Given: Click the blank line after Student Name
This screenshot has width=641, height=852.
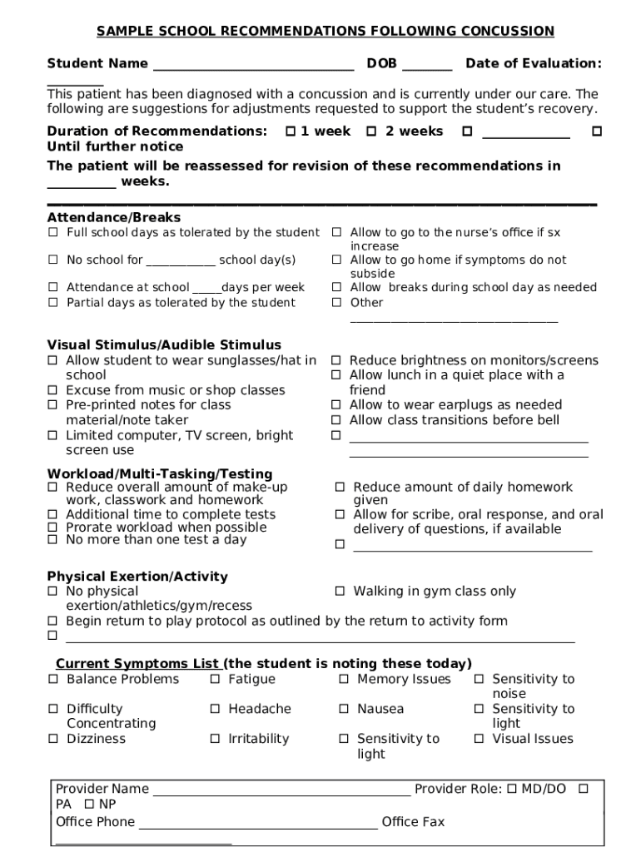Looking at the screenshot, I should [x=253, y=65].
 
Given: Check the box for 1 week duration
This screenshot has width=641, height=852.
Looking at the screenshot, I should [x=291, y=131].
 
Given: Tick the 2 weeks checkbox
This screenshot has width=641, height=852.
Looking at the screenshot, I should [x=372, y=131].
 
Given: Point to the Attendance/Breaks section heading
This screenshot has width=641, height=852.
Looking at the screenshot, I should [x=113, y=218].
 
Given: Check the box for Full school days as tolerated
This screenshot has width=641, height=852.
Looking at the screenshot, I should [x=52, y=233].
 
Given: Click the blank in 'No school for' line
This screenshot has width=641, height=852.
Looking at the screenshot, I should [x=181, y=260].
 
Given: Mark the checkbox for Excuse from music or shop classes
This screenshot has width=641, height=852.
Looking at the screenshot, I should [x=52, y=390].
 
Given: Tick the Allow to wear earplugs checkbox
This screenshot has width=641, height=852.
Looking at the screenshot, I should [x=336, y=405].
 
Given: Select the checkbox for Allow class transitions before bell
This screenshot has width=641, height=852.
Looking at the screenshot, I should [x=336, y=420].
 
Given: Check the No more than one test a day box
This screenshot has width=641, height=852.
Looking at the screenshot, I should [x=52, y=540].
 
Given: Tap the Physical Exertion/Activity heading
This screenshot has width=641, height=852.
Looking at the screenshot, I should [x=137, y=577].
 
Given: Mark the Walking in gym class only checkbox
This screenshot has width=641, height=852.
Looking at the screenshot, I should [x=340, y=592].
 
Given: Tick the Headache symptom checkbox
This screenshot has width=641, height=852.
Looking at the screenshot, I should [x=215, y=709].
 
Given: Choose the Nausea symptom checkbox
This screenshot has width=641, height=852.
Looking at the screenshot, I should [x=344, y=709].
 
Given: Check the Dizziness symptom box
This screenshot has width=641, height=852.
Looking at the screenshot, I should [x=52, y=739].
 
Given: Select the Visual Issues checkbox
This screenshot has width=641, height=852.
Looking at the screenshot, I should [x=480, y=739].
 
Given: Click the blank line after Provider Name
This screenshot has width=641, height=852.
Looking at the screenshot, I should [x=281, y=790].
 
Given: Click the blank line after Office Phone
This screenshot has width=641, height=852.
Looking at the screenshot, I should [x=257, y=823].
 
